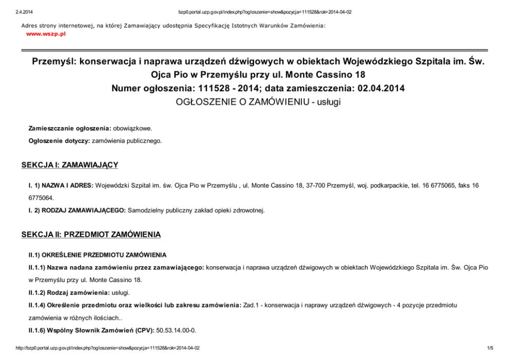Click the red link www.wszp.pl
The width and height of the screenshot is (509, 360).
click(46, 34)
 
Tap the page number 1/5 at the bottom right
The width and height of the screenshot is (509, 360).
click(490, 348)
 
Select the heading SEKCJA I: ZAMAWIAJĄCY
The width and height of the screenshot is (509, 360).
click(69, 165)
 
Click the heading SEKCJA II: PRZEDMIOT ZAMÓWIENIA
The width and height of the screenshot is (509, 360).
click(91, 234)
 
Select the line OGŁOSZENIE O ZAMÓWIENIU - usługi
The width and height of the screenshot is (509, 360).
click(258, 102)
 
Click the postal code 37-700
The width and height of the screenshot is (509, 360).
click(291, 185)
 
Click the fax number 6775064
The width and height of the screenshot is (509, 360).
click(41, 197)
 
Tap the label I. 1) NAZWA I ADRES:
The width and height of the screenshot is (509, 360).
click(61, 185)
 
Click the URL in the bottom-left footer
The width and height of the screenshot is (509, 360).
click(107, 348)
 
